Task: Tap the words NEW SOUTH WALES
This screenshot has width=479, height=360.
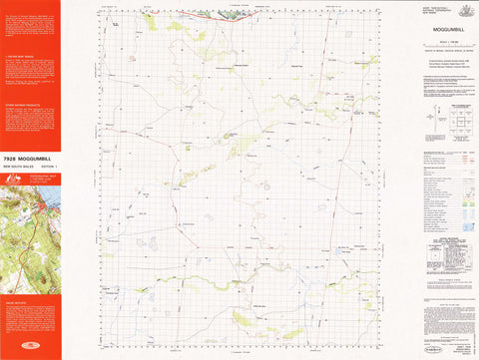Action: pyautogui.click(x=18, y=168)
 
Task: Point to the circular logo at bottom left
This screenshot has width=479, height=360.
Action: pyautogui.click(x=30, y=348)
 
